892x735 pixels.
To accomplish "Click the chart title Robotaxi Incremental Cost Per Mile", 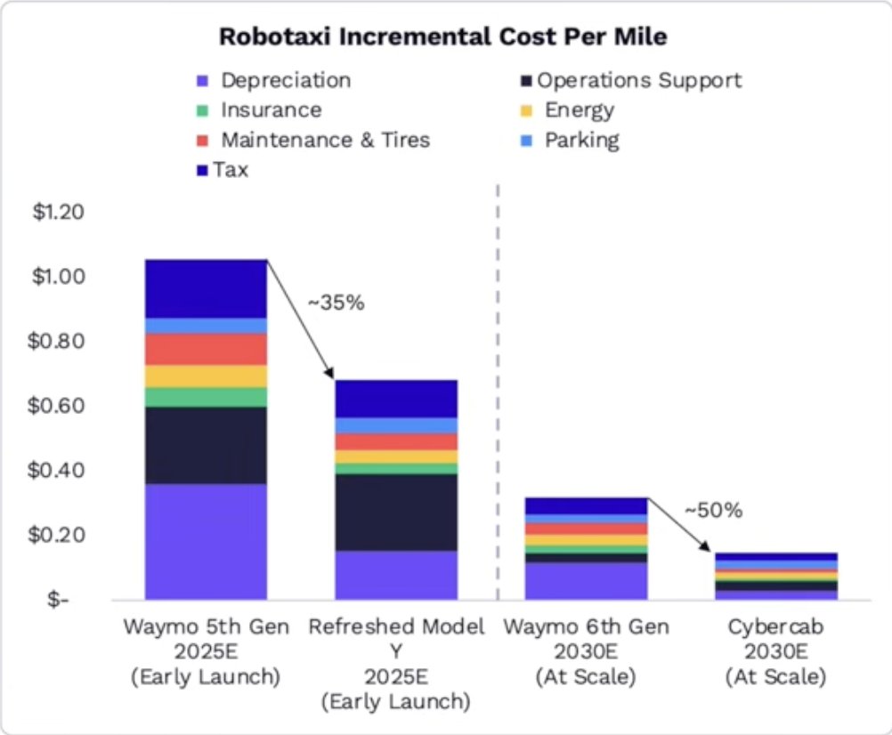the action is click(x=443, y=36).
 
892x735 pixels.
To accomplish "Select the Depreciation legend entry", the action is click(x=273, y=80).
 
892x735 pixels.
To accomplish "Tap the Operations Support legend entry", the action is click(x=631, y=81).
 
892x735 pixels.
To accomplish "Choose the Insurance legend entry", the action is click(x=259, y=109).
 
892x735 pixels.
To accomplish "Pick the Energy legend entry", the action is click(x=568, y=110).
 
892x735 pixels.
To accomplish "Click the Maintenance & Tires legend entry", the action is click(x=313, y=140).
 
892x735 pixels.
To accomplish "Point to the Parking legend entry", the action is click(x=570, y=141).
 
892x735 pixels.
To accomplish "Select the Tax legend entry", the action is click(x=223, y=169).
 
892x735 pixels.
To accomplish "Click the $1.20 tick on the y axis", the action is click(x=59, y=212).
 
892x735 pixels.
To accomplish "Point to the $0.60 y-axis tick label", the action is click(x=56, y=405).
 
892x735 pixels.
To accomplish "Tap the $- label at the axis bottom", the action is click(x=58, y=599).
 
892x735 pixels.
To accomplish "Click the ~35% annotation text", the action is click(x=337, y=303).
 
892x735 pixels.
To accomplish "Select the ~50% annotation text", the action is click(x=714, y=510).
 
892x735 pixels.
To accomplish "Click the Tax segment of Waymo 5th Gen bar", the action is click(x=206, y=289).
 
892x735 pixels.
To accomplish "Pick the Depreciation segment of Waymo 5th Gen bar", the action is click(x=206, y=542).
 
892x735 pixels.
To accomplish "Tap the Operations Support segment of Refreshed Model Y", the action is click(x=396, y=513).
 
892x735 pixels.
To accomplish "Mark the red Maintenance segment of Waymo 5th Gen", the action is click(x=206, y=350).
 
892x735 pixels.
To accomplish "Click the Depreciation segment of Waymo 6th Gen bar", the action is click(x=586, y=581).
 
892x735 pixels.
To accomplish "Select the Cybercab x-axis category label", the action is click(x=776, y=651).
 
